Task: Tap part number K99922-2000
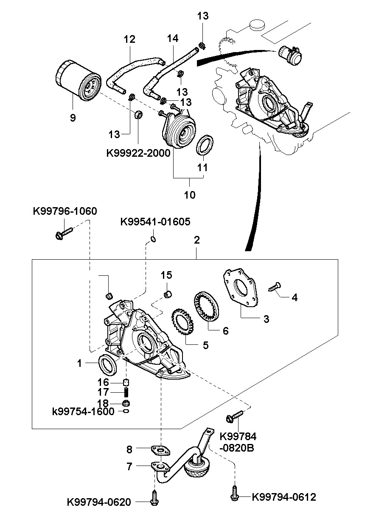tap(138, 153)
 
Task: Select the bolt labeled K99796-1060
tap(64, 233)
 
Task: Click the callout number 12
tap(129, 39)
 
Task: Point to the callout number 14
tap(173, 39)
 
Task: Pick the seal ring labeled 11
tap(205, 145)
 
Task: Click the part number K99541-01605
tap(155, 222)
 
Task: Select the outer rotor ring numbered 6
tap(207, 306)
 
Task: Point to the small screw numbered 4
tap(275, 287)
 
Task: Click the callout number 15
tap(166, 275)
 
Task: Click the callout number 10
tap(190, 195)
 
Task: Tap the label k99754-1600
tap(83, 412)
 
